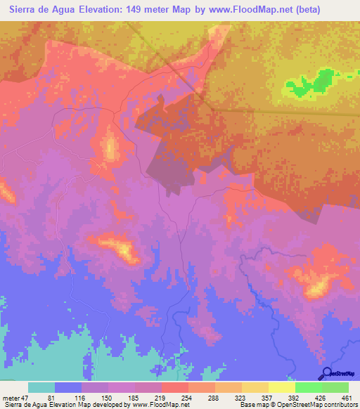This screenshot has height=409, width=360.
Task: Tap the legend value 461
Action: pyautogui.click(x=347, y=397)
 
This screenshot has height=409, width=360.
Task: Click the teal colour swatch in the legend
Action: pyautogui.click(x=41, y=387)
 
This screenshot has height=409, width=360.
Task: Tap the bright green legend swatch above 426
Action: pyautogui.click(x=309, y=387)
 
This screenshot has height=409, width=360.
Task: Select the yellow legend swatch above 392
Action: pyautogui.click(x=282, y=387)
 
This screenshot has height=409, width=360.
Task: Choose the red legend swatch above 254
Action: pyautogui.click(x=175, y=387)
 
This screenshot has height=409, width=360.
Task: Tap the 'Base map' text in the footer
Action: pyautogui.click(x=253, y=405)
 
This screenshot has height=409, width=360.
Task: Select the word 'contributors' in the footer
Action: pyautogui.click(x=339, y=405)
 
